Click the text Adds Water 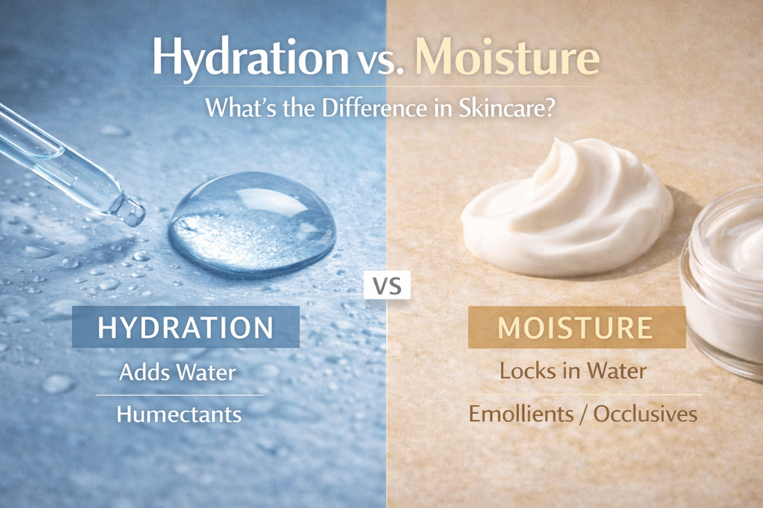178,371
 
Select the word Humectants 179,414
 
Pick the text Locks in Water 573,370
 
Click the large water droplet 252,223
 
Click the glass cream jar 725,277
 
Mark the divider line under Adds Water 179,395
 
